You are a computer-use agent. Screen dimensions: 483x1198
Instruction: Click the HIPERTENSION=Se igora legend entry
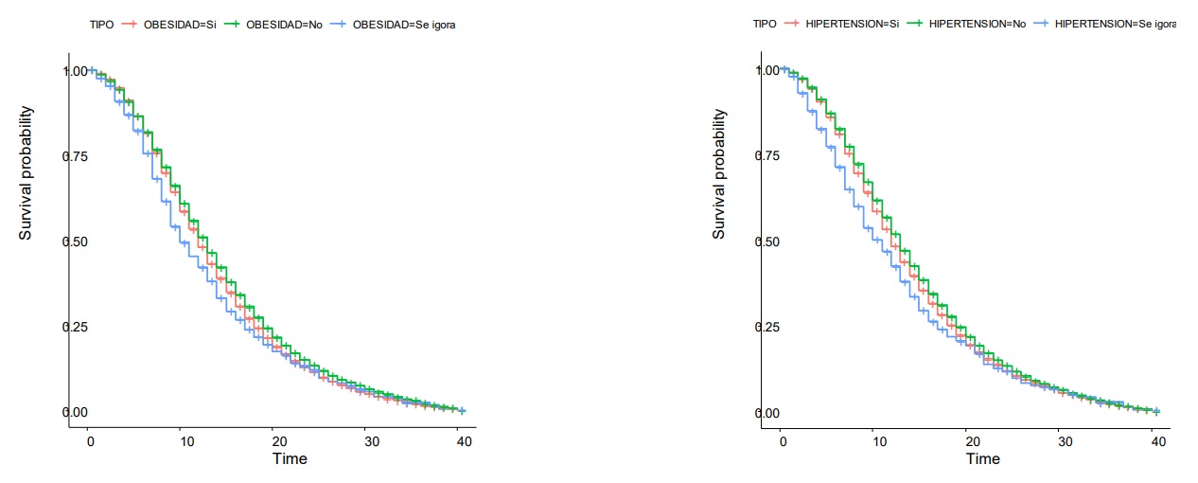coord(1108,24)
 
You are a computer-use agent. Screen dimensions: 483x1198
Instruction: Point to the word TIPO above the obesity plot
coord(102,25)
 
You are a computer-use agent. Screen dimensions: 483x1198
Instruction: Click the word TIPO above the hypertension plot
coord(765,24)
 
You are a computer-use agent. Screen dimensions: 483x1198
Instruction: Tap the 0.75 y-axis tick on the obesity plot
coord(75,156)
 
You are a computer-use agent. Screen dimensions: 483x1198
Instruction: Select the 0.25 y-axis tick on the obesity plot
coord(75,327)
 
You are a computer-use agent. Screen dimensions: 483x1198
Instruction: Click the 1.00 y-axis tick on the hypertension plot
coord(767,71)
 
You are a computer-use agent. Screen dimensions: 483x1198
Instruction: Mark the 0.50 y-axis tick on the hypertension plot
coord(767,241)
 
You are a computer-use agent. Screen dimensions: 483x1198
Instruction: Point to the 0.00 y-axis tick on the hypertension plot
coord(767,413)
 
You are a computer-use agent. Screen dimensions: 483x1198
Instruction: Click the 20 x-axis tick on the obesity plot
coord(276,442)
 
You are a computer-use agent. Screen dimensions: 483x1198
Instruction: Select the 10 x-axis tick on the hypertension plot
coord(875,442)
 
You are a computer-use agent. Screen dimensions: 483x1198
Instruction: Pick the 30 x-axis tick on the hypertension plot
coord(1063,442)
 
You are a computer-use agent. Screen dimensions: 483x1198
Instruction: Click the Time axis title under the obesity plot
coord(290,459)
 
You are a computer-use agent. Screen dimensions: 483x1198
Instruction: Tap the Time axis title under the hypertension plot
coord(983,459)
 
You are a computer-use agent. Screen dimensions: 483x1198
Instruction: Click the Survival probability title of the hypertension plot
coord(720,173)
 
